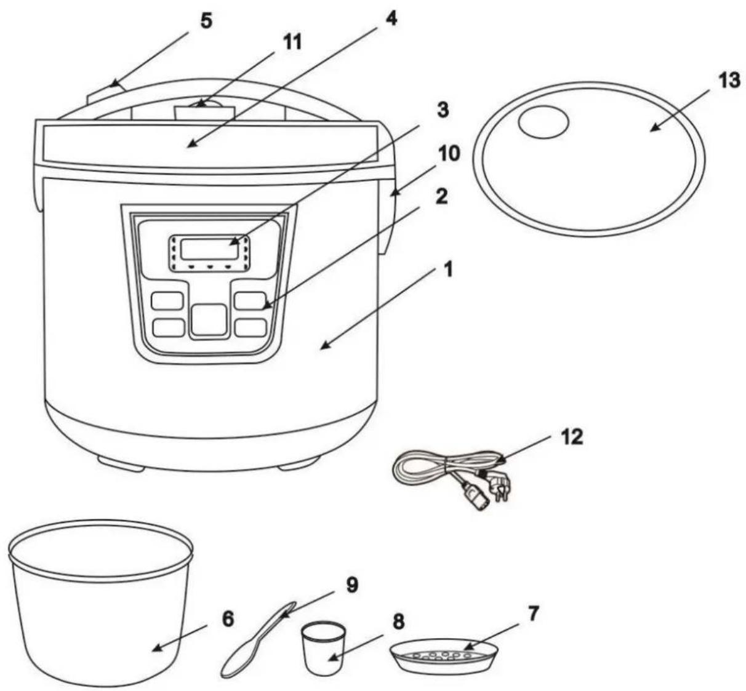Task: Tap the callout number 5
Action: (x=206, y=21)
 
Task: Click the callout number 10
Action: (x=448, y=154)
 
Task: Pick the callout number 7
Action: (x=532, y=613)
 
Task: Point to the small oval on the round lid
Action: (x=543, y=122)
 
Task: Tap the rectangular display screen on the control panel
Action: (x=209, y=248)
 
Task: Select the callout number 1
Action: (x=447, y=270)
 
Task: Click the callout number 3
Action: (x=443, y=110)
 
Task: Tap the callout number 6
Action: (x=228, y=619)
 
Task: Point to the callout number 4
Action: (x=391, y=18)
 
